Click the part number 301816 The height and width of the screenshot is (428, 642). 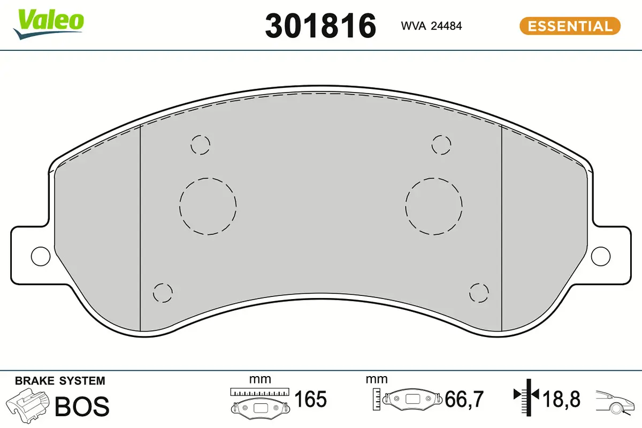coord(320,26)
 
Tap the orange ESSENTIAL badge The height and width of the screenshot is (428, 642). coord(570,26)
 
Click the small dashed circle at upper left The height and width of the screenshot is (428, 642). coord(201,145)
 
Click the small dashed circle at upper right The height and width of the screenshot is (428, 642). coord(441,145)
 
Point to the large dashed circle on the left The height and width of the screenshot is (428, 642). coord(208,206)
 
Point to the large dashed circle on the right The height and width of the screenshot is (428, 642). coord(433,206)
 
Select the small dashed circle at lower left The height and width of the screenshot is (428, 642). coord(163,293)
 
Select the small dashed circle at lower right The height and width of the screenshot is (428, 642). coord(479,293)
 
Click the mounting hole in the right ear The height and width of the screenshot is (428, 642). coord(601,256)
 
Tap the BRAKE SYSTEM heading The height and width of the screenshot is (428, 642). coord(60,381)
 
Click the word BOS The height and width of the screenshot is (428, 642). coord(82,407)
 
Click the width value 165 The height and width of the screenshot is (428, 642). coord(311,399)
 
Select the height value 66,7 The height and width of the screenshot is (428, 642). coord(464,399)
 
